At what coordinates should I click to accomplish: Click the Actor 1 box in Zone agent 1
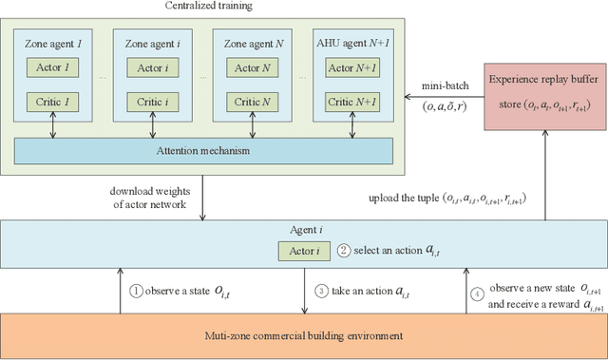point(53,68)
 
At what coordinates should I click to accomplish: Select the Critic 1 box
point(53,101)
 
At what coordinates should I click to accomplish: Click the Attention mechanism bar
point(204,150)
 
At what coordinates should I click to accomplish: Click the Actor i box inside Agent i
point(302,251)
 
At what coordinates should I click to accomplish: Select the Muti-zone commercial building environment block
point(304,334)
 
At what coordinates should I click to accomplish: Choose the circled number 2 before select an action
point(343,250)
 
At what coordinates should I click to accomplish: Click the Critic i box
point(152,101)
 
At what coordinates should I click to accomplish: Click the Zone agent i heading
point(152,43)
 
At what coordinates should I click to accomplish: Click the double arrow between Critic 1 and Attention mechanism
point(53,125)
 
